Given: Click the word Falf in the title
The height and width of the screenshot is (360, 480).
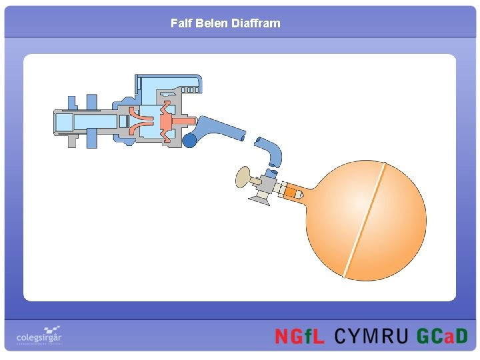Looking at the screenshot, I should point(181,23).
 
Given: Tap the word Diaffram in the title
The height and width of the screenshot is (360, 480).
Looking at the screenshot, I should point(256,23).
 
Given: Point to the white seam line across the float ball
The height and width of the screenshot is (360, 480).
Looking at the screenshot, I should point(363,220).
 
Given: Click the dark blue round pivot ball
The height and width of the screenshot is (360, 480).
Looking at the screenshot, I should point(190,140).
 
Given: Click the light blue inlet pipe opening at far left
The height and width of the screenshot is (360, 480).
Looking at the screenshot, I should point(63,122).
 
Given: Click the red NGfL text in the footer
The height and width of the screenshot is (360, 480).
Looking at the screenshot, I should point(300,336).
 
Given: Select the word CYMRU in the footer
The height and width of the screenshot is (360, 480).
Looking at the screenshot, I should point(370,336).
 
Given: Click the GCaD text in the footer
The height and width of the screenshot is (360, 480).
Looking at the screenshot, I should point(442,336).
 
